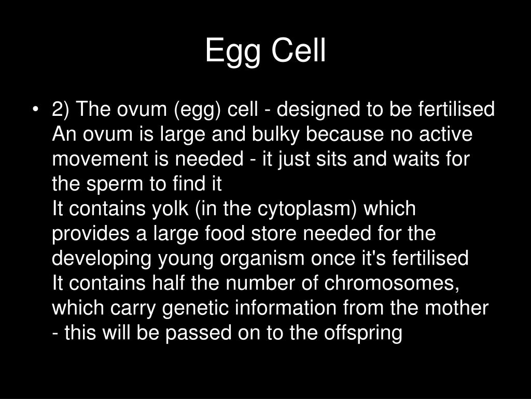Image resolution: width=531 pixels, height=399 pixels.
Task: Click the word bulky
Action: (x=275, y=135)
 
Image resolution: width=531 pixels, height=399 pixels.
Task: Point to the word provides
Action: (x=92, y=234)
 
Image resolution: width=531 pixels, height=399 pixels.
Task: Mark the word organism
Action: (x=248, y=259)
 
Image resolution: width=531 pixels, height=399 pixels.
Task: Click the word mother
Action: (x=457, y=309)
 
